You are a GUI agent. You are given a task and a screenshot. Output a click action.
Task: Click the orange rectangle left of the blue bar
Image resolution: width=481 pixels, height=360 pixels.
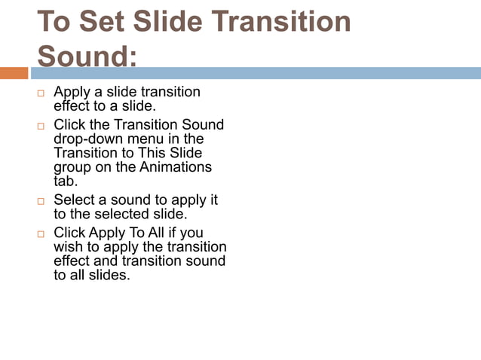click(x=14, y=73)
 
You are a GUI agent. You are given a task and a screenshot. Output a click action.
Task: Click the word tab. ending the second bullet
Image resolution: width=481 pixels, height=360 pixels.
click(x=66, y=181)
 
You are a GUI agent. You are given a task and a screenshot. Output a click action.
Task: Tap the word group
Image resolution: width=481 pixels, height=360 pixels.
click(x=73, y=167)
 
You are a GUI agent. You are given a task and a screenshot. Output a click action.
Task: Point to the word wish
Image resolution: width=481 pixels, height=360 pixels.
click(x=69, y=246)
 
